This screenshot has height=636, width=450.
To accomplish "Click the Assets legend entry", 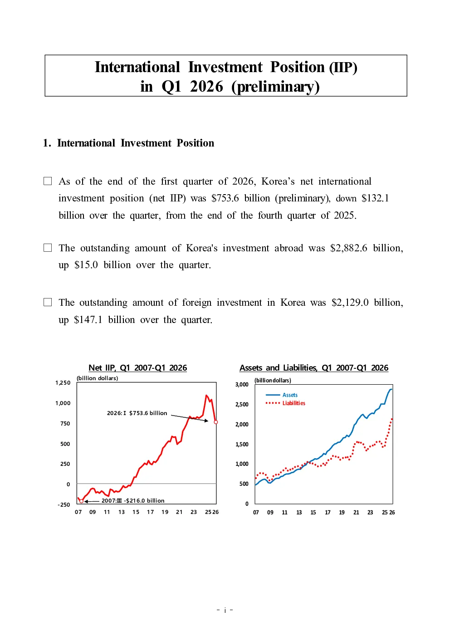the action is (x=281, y=395).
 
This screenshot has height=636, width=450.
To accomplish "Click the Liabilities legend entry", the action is (x=285, y=403).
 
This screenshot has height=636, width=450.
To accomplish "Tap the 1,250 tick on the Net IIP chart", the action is (x=63, y=383).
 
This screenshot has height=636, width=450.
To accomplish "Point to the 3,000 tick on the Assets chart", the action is (x=242, y=384).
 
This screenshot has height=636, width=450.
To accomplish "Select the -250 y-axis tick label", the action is (x=64, y=505).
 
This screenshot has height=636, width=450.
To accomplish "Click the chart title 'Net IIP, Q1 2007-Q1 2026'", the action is (x=138, y=368).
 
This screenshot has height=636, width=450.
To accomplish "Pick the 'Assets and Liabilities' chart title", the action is (x=314, y=368).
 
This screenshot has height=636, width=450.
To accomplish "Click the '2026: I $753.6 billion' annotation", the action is (x=137, y=413).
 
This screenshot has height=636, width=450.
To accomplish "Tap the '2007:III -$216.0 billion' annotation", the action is (x=133, y=500).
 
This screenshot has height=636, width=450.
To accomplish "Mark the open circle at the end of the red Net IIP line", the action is (x=216, y=422).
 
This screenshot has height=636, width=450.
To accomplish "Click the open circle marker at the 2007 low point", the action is (x=82, y=501).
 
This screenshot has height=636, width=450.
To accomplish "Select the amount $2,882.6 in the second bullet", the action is (x=349, y=248).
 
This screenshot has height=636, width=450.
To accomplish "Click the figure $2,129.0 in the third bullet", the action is (x=350, y=303).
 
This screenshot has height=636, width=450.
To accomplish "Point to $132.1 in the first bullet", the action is (x=375, y=198).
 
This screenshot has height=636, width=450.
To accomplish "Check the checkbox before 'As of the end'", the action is (x=48, y=181).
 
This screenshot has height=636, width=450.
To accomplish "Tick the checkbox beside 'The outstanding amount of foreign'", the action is (x=48, y=302).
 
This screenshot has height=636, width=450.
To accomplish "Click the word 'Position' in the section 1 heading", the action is (x=196, y=143).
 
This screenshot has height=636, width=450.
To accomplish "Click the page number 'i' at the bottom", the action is (x=225, y=610).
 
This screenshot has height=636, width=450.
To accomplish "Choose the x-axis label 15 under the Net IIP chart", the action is (x=136, y=512).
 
